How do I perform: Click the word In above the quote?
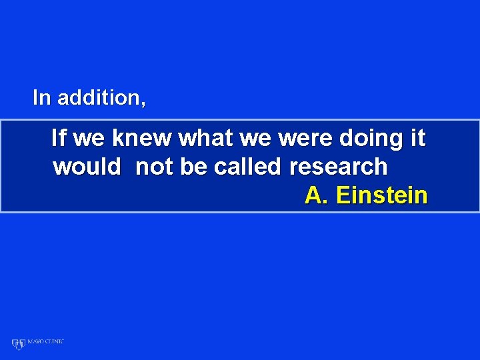pyautogui.click(x=41, y=98)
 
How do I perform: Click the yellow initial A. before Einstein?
pyautogui.click(x=317, y=195)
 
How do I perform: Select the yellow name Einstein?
pyautogui.click(x=382, y=195)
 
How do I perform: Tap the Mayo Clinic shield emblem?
pyautogui.click(x=18, y=343)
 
